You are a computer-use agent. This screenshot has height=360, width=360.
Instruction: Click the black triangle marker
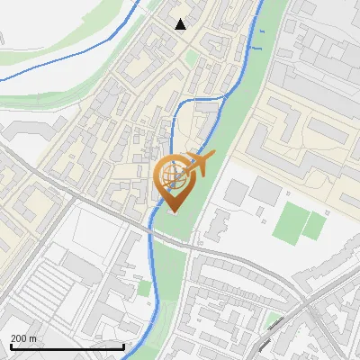coord(181,24)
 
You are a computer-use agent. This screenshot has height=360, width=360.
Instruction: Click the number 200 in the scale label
coord(19,338)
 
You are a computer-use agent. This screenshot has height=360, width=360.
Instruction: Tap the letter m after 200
coord(33,338)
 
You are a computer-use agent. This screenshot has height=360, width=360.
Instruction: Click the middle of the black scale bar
coord(67,346)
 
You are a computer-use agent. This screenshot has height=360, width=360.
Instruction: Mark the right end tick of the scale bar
coord(123,346)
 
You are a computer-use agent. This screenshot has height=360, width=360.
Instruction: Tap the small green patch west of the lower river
coord(145,289)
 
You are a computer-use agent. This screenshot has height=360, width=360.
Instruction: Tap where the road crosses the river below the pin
coord(151,230)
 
